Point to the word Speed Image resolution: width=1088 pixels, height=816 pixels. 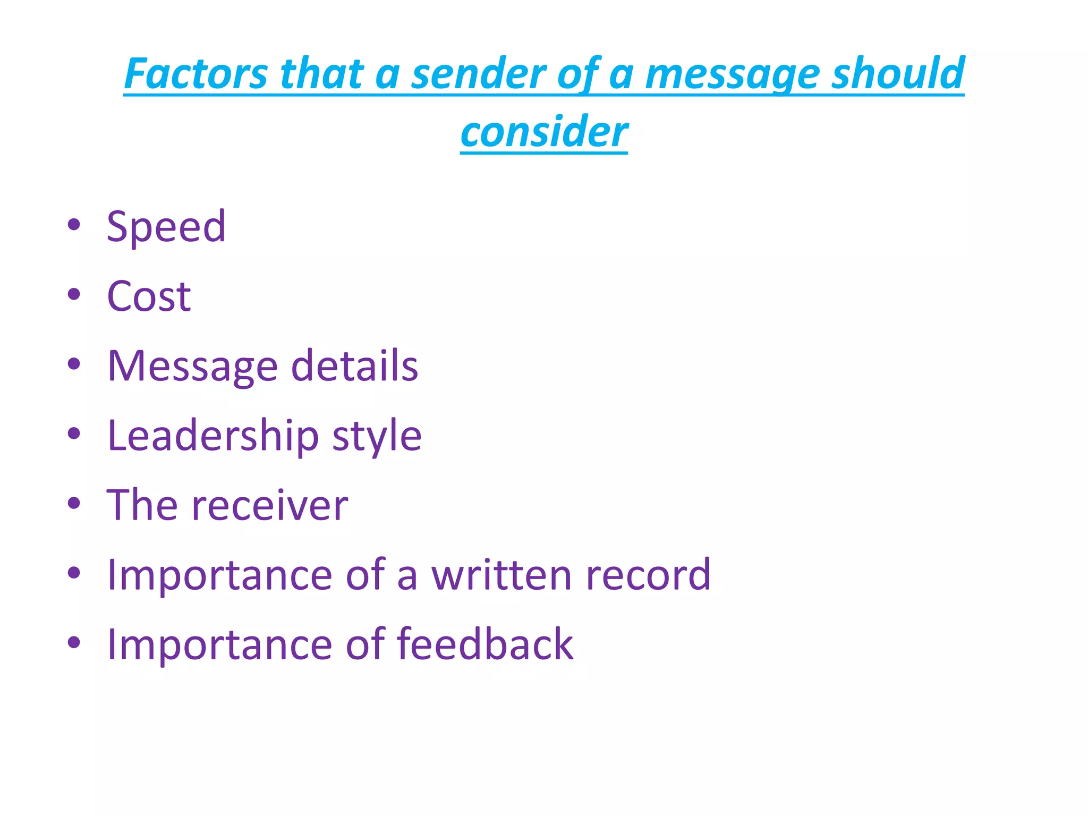point(166,227)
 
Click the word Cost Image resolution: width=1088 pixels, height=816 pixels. point(149,296)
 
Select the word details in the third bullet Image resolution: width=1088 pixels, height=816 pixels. point(355,366)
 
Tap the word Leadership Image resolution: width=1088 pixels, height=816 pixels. point(213,436)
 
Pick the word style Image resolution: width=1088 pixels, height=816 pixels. point(377,437)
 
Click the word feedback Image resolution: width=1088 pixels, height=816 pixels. point(485,644)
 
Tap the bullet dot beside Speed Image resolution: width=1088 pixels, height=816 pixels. point(74,225)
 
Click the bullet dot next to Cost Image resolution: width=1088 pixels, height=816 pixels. point(74,294)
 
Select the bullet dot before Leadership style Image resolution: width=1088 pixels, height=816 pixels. point(74,433)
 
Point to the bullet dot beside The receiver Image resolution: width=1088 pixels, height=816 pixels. point(74,503)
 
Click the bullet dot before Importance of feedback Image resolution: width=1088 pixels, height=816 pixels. point(74,642)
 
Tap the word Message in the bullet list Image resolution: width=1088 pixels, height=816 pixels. point(192,367)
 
